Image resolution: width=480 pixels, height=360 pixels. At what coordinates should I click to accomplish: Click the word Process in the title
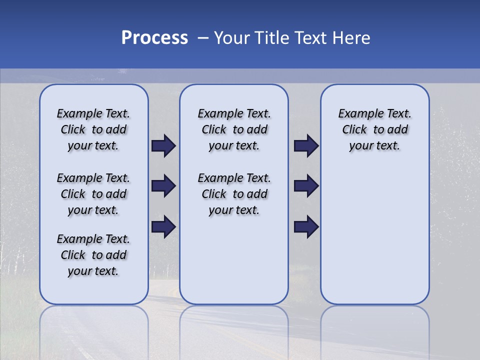click(154, 38)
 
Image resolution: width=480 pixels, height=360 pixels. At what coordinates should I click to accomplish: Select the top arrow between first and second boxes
click(163, 146)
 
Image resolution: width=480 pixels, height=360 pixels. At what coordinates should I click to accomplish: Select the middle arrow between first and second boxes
click(163, 186)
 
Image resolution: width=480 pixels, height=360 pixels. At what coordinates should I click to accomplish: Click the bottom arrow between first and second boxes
click(163, 226)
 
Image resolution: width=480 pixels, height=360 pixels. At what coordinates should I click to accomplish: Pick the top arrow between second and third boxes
click(306, 146)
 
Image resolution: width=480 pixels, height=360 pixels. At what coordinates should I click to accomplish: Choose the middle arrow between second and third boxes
click(306, 186)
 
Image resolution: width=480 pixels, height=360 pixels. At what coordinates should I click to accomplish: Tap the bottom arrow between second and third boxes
click(306, 226)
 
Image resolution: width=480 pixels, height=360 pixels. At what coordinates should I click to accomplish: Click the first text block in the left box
click(93, 129)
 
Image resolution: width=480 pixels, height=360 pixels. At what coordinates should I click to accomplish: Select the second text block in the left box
click(93, 194)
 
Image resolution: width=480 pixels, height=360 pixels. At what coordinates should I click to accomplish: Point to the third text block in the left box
click(93, 255)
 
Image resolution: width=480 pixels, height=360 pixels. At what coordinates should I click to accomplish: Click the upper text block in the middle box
click(234, 129)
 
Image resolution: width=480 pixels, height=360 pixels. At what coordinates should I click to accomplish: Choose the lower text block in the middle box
click(234, 194)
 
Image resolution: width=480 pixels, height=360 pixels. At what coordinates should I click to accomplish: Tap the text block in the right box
click(374, 129)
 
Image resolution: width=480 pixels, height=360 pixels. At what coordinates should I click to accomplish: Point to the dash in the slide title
click(202, 38)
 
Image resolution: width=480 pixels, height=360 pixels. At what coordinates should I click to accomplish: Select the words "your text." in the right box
click(374, 146)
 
